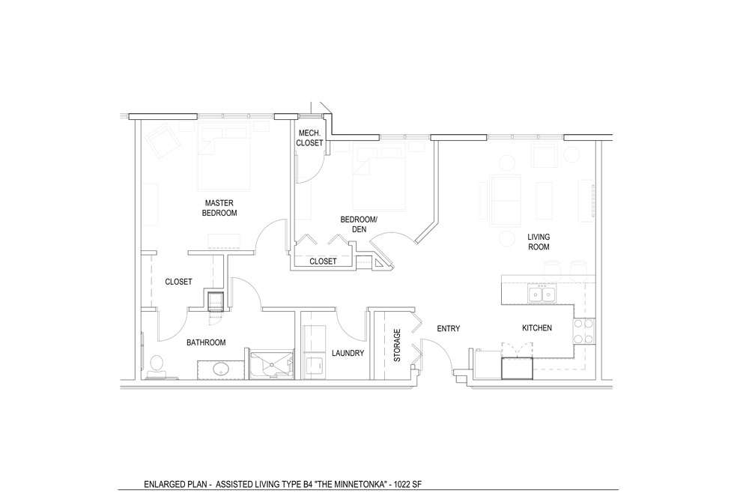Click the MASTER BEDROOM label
pyautogui.click(x=219, y=208)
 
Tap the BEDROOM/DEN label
pyautogui.click(x=359, y=224)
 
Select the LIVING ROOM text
pyautogui.click(x=539, y=242)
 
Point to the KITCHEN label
pyautogui.click(x=537, y=328)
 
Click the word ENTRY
pyautogui.click(x=449, y=328)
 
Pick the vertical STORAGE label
pyautogui.click(x=397, y=345)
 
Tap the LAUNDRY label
pyautogui.click(x=348, y=353)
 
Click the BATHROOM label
pyautogui.click(x=206, y=342)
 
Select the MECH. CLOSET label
pyautogui.click(x=309, y=138)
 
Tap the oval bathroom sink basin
pyautogui.click(x=221, y=369)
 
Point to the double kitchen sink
pyautogui.click(x=541, y=293)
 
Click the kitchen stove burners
pyautogui.click(x=583, y=331)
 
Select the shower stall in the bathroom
pyautogui.click(x=272, y=365)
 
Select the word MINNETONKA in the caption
pyautogui.click(x=361, y=484)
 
